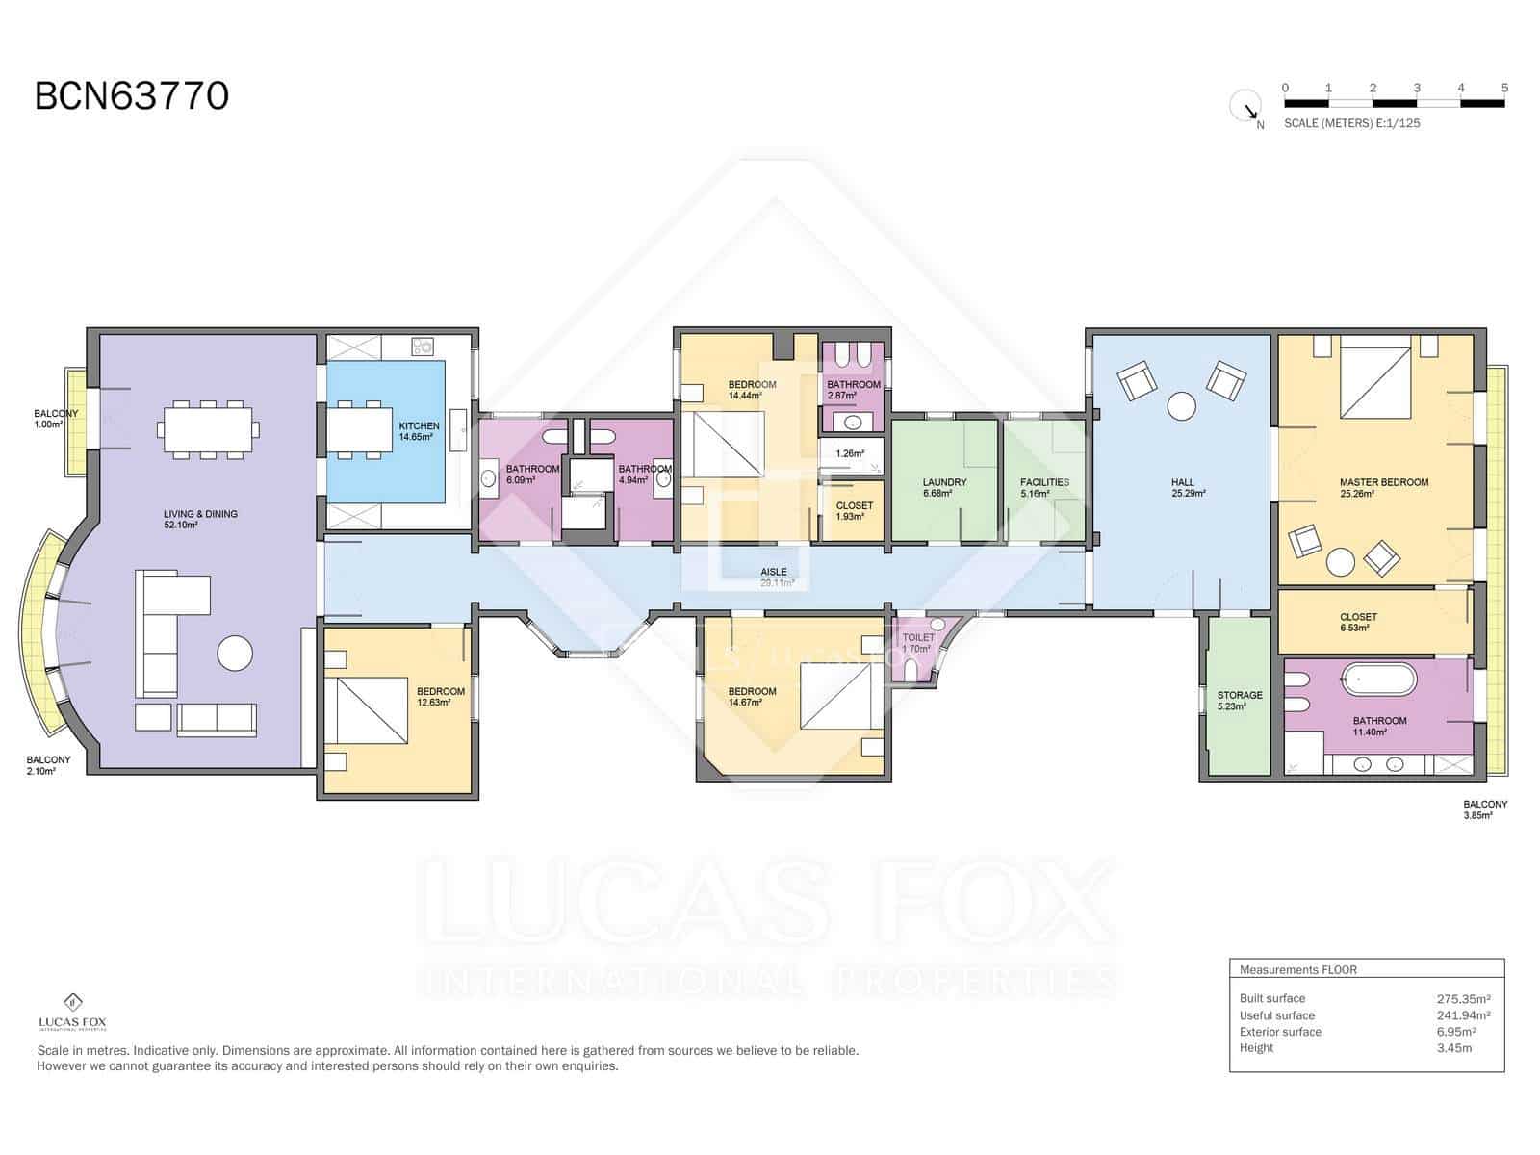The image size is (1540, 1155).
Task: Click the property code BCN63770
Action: [x=132, y=96]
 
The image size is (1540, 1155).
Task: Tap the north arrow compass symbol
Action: [x=1246, y=106]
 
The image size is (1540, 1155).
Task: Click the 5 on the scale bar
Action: [x=1503, y=88]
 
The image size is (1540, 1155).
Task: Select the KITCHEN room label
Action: [x=419, y=431]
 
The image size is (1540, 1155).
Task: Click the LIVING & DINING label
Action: [x=200, y=520]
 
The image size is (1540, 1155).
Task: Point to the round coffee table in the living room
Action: [x=235, y=654]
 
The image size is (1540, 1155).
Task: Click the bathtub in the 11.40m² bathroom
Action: [x=1379, y=680]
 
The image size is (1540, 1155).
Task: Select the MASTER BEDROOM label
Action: [x=1383, y=487]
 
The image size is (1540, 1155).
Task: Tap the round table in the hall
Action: [x=1181, y=406]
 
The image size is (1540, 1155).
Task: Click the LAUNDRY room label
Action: [x=943, y=487]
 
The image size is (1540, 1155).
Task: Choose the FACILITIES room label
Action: [x=1044, y=487]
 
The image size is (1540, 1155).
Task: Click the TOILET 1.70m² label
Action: [x=917, y=642]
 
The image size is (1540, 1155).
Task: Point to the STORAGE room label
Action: [x=1239, y=700]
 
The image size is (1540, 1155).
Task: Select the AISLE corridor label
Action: [x=774, y=577]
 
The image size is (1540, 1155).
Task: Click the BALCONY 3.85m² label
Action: [x=1484, y=808]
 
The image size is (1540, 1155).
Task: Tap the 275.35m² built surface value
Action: [x=1463, y=999]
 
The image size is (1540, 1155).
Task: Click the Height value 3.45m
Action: [x=1453, y=1048]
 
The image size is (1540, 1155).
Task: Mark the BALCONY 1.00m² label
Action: [x=55, y=418]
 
